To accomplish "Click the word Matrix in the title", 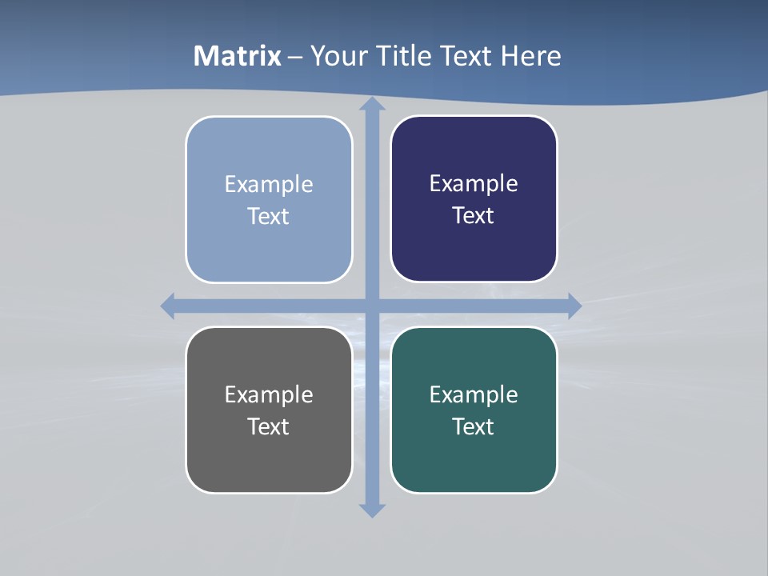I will point(238,56).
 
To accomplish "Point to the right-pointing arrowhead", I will point(574,306).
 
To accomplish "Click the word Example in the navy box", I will point(474,183).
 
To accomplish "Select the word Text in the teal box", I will point(474,426).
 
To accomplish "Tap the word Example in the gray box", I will point(269,394).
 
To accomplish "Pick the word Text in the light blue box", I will point(269,216).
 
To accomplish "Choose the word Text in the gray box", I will point(269,426).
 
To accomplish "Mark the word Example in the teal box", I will point(474,394).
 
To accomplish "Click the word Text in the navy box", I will point(474,215).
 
